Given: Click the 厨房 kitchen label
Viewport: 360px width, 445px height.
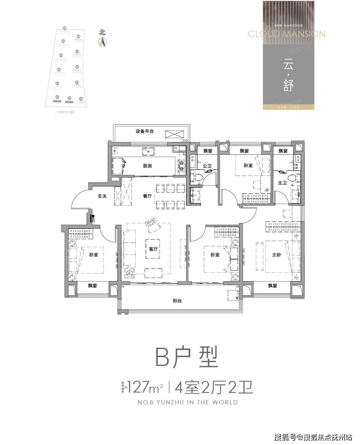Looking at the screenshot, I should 147,166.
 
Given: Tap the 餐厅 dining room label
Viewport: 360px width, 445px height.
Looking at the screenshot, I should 147,196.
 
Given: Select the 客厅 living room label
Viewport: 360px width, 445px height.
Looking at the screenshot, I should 153,249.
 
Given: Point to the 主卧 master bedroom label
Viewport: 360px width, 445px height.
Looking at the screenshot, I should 276,255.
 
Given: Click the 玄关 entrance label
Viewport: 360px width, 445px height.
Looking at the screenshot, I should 102,196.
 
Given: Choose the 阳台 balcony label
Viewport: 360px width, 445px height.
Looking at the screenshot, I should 177,301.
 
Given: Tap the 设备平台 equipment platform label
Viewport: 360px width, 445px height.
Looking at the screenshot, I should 145,131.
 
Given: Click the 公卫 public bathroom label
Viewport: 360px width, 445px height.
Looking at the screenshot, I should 207,166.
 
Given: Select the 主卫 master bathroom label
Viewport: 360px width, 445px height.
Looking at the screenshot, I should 282,183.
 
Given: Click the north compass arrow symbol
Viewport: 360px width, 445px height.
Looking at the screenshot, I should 102,42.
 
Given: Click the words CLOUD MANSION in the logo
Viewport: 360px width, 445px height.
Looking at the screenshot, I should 286,34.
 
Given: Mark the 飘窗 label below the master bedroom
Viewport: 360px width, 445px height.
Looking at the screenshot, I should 273,286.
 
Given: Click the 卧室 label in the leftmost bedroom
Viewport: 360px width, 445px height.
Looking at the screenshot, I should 93,255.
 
